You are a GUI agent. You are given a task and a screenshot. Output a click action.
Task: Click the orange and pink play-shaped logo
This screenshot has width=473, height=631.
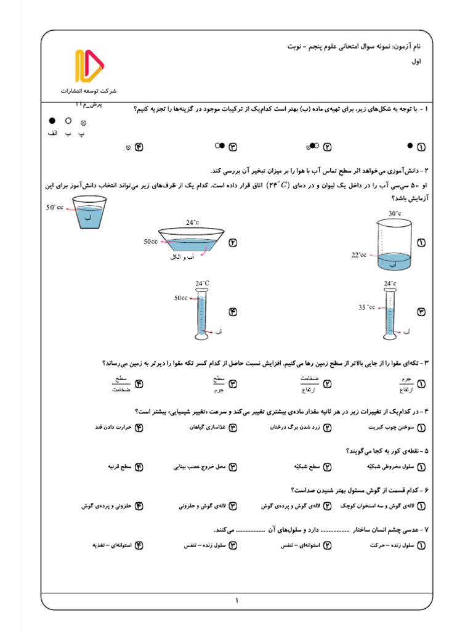pos(89,67)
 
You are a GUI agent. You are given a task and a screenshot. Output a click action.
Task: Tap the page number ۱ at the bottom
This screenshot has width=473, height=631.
pos(236,600)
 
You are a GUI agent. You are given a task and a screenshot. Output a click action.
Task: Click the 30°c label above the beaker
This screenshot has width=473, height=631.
pos(395,213)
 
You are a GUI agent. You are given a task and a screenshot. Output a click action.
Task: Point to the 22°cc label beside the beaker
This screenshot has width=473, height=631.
pos(358,254)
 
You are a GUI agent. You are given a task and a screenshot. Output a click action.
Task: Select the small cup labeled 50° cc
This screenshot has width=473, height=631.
pos(90,212)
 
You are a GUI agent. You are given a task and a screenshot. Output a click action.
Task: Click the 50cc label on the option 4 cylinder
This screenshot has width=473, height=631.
pos(180,298)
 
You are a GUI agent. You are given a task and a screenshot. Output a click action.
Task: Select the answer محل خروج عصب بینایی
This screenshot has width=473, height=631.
pos(200,467)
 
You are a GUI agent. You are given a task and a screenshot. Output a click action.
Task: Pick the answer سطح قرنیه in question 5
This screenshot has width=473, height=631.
pos(119,467)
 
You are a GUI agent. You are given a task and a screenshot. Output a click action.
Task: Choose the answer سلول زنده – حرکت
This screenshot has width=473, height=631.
pos(391,545)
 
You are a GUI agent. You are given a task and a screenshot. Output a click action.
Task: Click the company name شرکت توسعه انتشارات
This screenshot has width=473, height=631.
pos(89,92)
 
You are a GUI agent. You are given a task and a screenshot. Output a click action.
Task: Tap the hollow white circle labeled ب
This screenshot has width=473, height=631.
pos(68,121)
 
